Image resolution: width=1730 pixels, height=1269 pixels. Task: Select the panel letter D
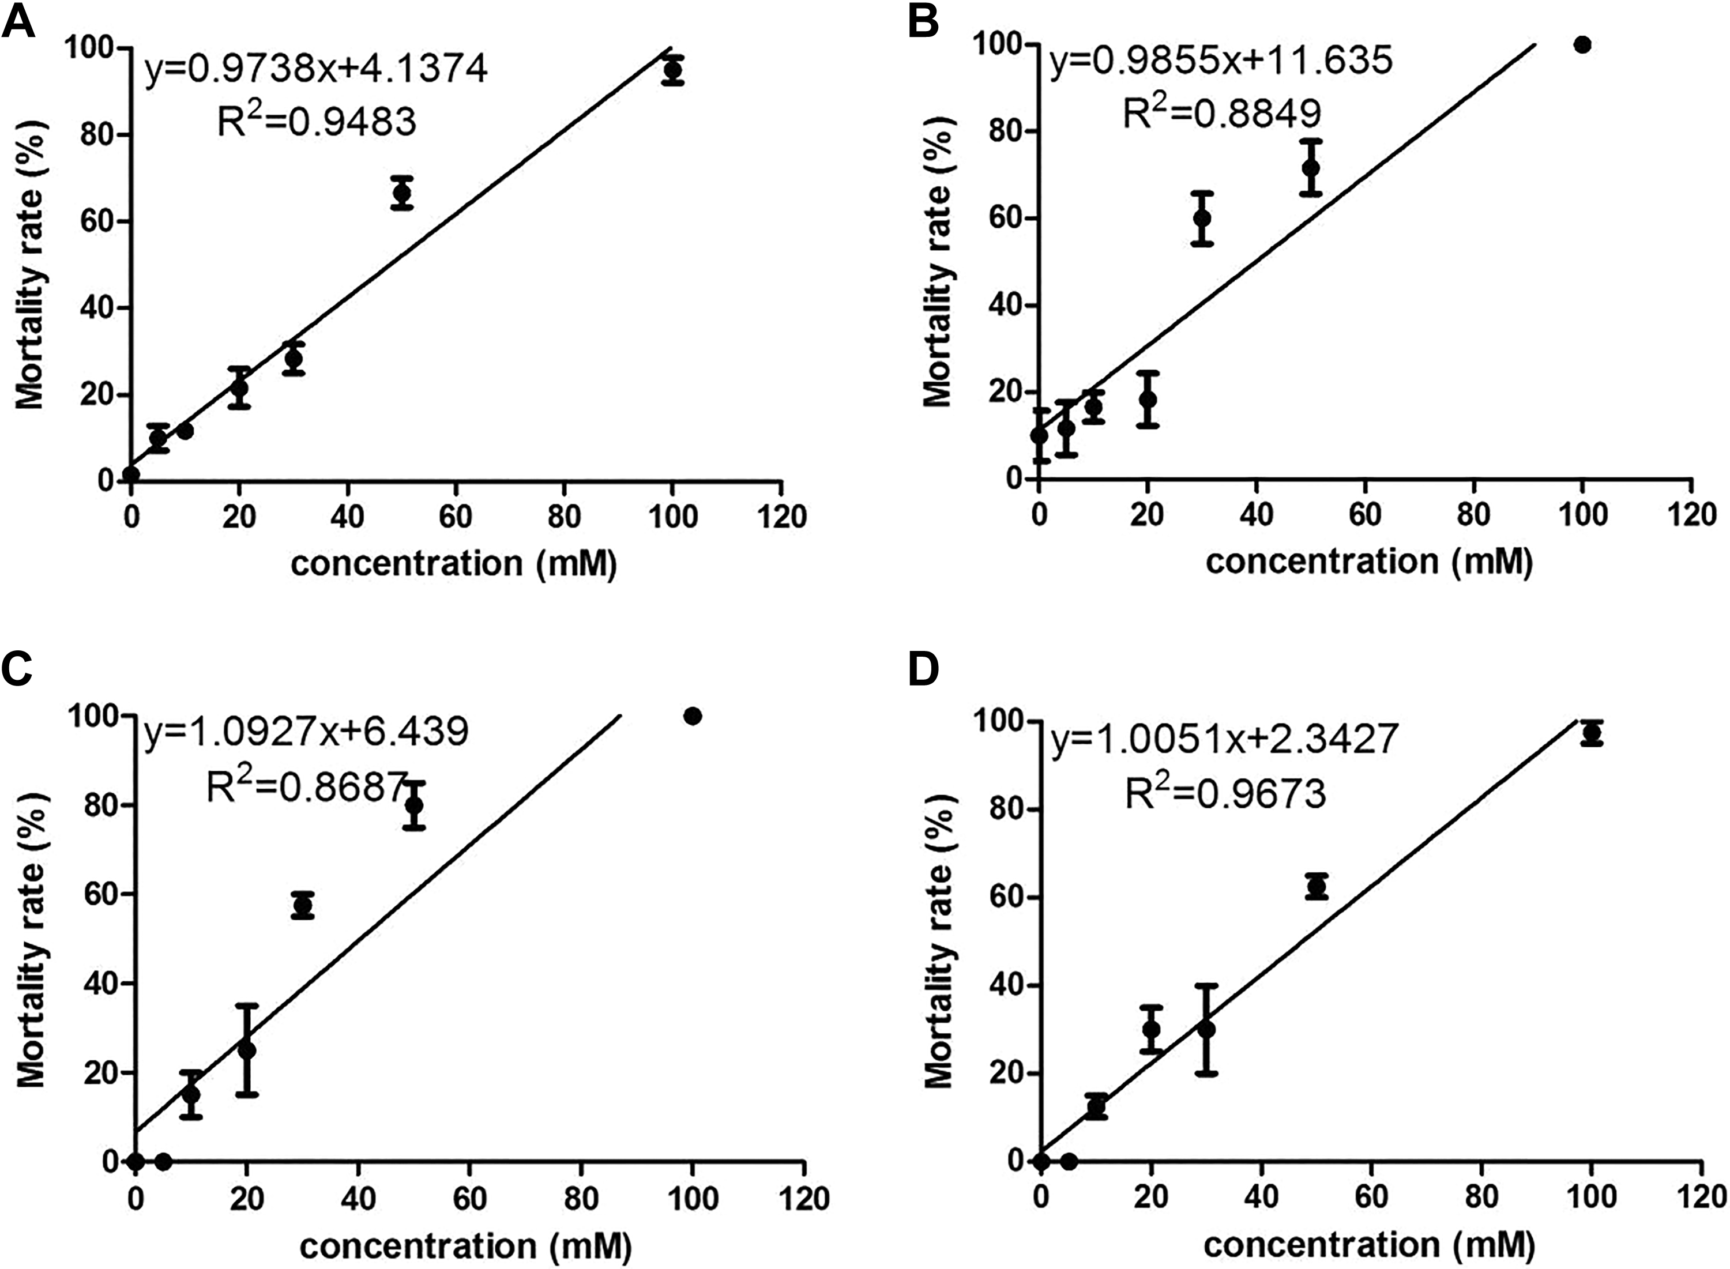click(x=924, y=670)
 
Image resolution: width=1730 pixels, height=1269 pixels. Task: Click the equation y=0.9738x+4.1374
click(x=316, y=70)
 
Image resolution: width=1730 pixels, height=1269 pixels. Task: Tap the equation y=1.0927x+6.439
click(x=306, y=732)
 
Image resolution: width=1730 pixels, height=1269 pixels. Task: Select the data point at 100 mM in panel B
click(x=1582, y=44)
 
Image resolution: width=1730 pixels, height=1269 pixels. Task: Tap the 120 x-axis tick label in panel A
click(x=781, y=516)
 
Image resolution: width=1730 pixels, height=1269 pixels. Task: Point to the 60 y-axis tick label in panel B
click(x=995, y=218)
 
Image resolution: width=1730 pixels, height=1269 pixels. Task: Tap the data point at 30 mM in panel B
click(x=1202, y=218)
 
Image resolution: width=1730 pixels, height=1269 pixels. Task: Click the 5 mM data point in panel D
click(x=1069, y=1161)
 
